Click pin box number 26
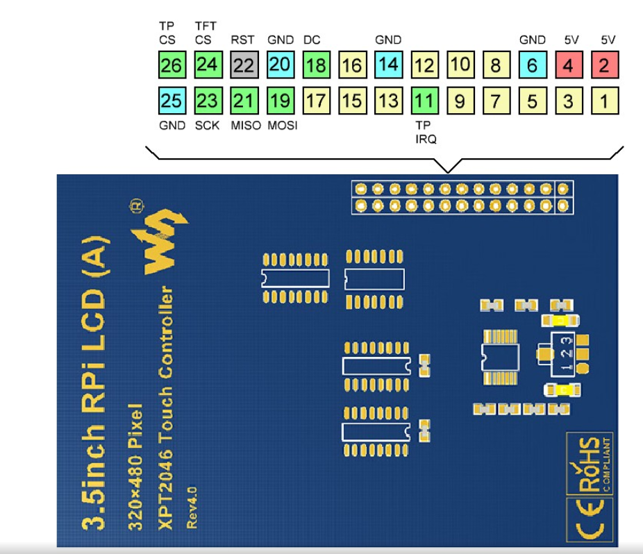coord(171,65)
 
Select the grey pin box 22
coord(244,65)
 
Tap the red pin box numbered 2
coord(605,65)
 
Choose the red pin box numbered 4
coord(569,65)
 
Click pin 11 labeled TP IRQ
coord(424,101)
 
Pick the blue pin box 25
coord(171,101)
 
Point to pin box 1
coord(605,101)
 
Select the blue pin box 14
coord(388,65)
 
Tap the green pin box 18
coord(316,65)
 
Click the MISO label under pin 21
coord(246,126)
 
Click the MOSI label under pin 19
coord(282,126)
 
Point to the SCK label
coord(207,126)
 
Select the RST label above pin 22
coord(243,40)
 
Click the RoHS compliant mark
coord(590,463)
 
